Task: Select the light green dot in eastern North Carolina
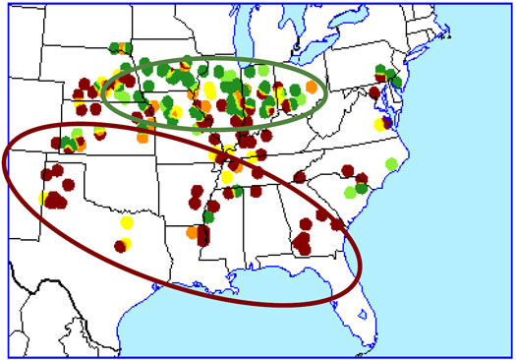(392, 163)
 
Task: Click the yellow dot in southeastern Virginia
(379, 125)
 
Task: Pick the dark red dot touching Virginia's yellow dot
(386, 122)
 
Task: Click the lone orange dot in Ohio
(312, 87)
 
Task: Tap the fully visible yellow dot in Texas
(126, 223)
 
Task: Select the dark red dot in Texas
(119, 247)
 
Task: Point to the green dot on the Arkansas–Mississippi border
(208, 216)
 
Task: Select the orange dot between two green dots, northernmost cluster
(122, 46)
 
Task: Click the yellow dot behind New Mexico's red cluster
(44, 199)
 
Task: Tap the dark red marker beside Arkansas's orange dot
(203, 236)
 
